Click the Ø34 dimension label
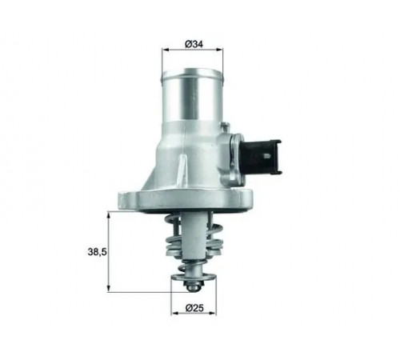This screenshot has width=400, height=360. point(194,44)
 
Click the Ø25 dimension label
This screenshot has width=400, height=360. point(194,308)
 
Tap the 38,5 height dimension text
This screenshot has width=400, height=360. point(97,252)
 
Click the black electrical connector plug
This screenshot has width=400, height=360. point(261,157)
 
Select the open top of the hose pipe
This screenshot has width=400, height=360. point(192,73)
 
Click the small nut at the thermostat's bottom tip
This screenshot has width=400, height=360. point(192,287)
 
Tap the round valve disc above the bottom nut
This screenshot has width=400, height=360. point(193,277)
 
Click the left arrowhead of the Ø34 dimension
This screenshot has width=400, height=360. point(166,50)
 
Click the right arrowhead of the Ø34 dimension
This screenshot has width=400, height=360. point(219,50)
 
